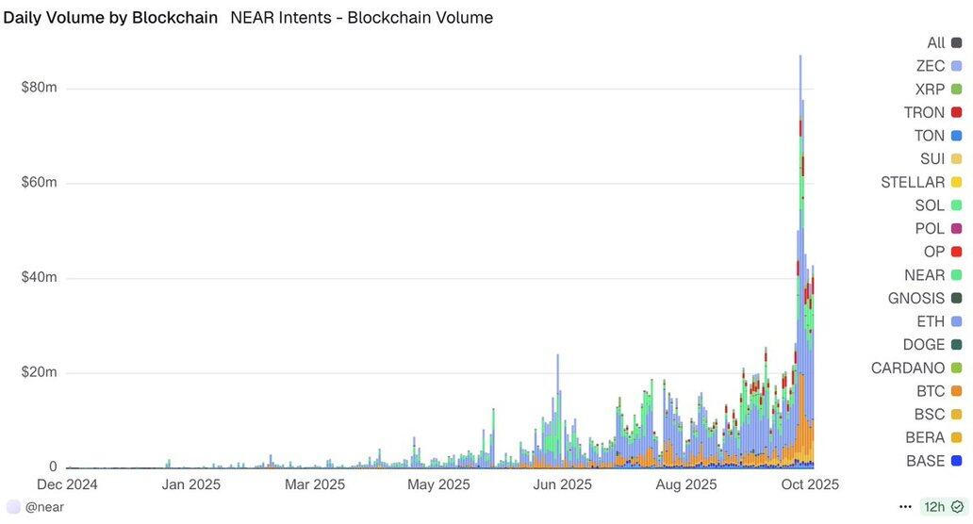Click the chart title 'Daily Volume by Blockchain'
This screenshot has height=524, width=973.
pyautogui.click(x=110, y=18)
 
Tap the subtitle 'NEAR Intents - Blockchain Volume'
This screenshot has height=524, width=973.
pyautogui.click(x=361, y=18)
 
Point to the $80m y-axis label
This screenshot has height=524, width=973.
pyautogui.click(x=39, y=88)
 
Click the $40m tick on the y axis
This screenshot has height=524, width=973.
pyautogui.click(x=39, y=278)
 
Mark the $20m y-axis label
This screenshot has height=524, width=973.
pyautogui.click(x=39, y=372)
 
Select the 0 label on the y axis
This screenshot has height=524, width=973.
pyautogui.click(x=53, y=467)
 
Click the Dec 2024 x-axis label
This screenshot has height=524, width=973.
pyautogui.click(x=67, y=485)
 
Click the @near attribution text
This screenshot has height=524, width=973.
pyautogui.click(x=43, y=507)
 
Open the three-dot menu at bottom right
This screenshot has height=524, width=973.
pyautogui.click(x=905, y=507)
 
